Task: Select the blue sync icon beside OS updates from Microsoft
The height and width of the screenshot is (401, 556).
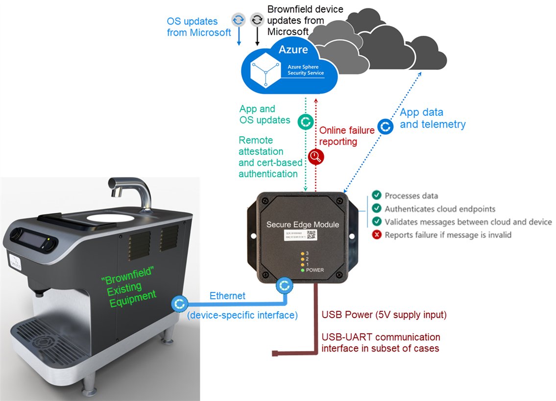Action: pyautogui.click(x=239, y=20)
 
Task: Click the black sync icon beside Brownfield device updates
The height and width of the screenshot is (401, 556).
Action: pyautogui.click(x=257, y=20)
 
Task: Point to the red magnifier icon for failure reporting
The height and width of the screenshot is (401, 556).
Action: pyautogui.click(x=316, y=157)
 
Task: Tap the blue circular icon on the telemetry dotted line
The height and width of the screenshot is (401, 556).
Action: pyautogui.click(x=386, y=126)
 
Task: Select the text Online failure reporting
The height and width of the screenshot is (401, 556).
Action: pyautogui.click(x=347, y=136)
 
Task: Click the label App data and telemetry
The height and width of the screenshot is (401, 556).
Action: pyautogui.click(x=433, y=118)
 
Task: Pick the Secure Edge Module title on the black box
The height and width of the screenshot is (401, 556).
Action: pyautogui.click(x=302, y=225)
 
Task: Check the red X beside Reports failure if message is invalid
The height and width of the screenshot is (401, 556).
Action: pyautogui.click(x=377, y=235)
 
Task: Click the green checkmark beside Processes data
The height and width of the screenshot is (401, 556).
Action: pyautogui.click(x=377, y=196)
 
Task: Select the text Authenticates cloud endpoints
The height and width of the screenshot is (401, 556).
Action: pyautogui.click(x=440, y=209)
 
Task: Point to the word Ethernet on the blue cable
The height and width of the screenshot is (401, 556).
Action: pyautogui.click(x=227, y=296)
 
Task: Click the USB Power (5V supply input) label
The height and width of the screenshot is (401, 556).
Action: pyautogui.click(x=384, y=315)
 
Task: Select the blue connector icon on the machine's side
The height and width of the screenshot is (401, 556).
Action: pyautogui.click(x=178, y=303)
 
